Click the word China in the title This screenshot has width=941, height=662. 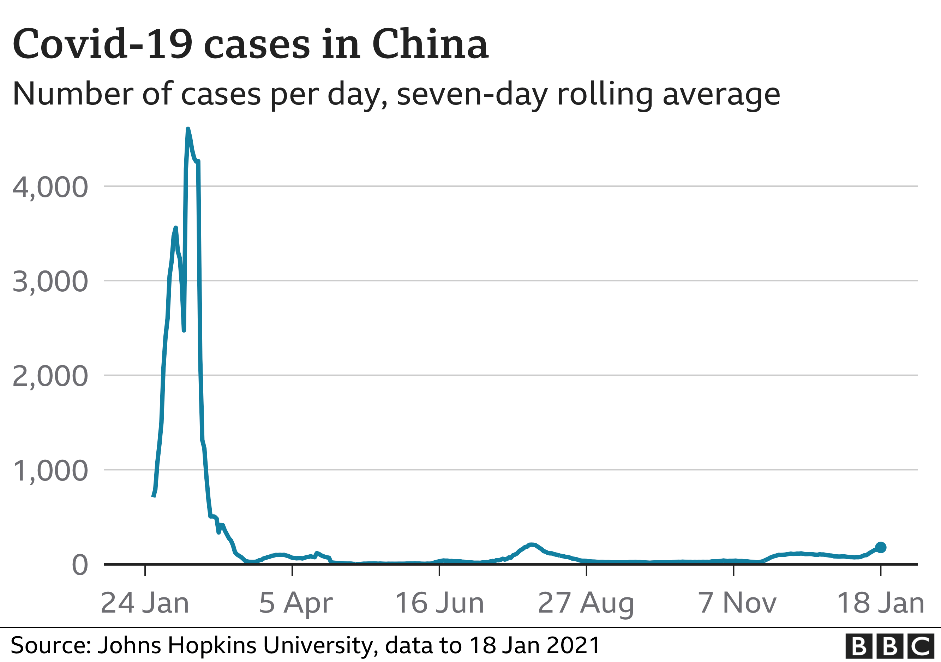[x=430, y=44]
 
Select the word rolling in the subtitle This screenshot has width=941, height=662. [x=605, y=94]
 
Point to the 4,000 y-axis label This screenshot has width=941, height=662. [x=50, y=187]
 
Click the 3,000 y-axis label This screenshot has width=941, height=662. [x=50, y=282]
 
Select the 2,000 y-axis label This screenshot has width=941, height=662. [x=50, y=376]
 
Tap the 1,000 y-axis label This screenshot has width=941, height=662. [x=50, y=471]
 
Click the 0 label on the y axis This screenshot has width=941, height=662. [x=80, y=565]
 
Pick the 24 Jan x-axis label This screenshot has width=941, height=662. [x=145, y=603]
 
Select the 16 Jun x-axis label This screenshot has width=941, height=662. [x=439, y=603]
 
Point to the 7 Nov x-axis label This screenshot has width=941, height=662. [x=737, y=603]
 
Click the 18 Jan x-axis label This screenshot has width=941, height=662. [x=880, y=603]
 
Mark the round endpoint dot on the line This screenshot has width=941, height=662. [x=880, y=547]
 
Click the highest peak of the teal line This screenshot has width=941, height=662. [x=188, y=130]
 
